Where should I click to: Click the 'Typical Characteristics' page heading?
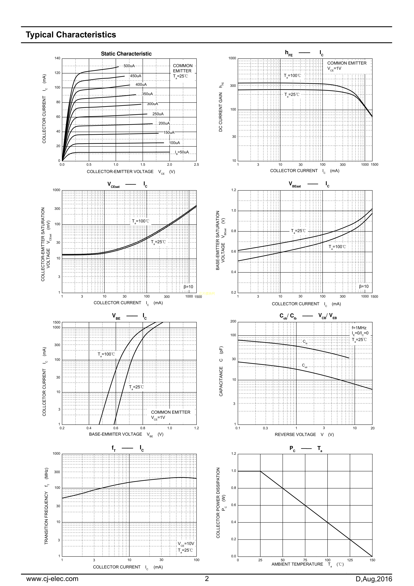click(x=71, y=35)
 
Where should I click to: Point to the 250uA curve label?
click(x=158, y=114)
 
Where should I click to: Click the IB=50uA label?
click(x=182, y=152)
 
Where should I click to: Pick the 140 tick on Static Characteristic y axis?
click(x=57, y=58)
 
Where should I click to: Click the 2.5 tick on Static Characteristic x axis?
click(x=196, y=165)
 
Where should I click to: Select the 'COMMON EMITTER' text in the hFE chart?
click(x=347, y=63)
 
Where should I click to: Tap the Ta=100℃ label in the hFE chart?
click(x=292, y=76)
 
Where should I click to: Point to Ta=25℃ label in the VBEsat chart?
click(x=298, y=231)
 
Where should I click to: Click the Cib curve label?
click(x=305, y=342)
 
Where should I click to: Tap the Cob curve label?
click(x=305, y=366)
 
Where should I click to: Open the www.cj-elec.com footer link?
click(x=52, y=579)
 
